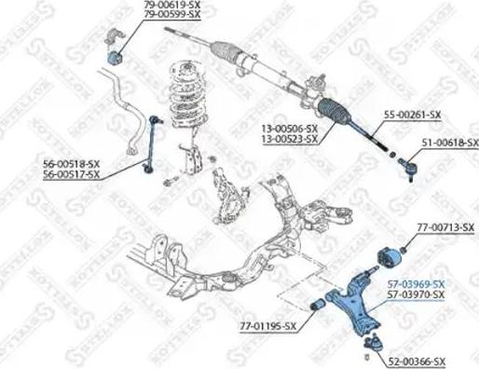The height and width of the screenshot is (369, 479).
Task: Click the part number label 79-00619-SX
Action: [172, 6]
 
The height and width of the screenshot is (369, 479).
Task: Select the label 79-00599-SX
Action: [172, 16]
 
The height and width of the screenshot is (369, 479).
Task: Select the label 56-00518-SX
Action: [70, 164]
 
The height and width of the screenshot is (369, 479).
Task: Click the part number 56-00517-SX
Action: [70, 174]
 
